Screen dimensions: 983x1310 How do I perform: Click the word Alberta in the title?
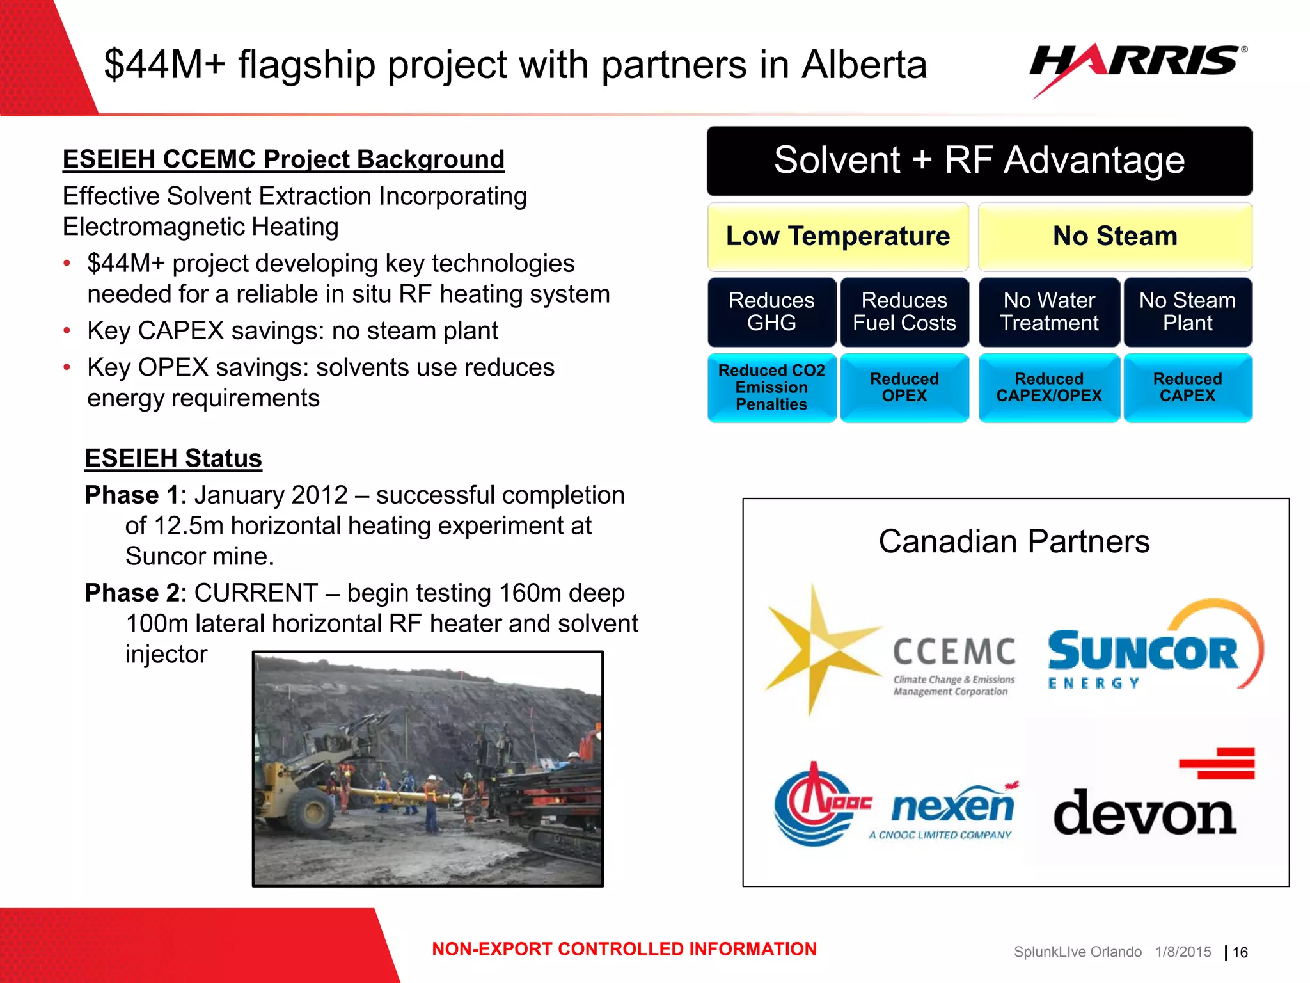click(x=864, y=65)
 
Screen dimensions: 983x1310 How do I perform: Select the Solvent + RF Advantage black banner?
click(x=979, y=161)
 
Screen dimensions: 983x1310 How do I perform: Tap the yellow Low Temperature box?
click(x=838, y=237)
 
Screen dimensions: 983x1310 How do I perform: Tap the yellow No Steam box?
click(x=1115, y=237)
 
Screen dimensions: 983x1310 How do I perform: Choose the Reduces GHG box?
click(x=771, y=312)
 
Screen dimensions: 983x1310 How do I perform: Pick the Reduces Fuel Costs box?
click(x=904, y=312)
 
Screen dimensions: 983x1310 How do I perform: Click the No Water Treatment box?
click(x=1049, y=312)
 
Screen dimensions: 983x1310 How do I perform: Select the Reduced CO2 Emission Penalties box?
click(x=771, y=387)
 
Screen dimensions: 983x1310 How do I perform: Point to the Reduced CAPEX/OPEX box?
click(x=1049, y=387)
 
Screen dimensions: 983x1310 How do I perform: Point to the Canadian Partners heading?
click(x=1014, y=541)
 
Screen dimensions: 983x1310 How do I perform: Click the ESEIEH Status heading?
click(x=173, y=459)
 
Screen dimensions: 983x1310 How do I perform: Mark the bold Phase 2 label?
click(x=132, y=593)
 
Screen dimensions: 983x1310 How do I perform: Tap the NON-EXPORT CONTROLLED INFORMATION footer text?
click(x=624, y=949)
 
